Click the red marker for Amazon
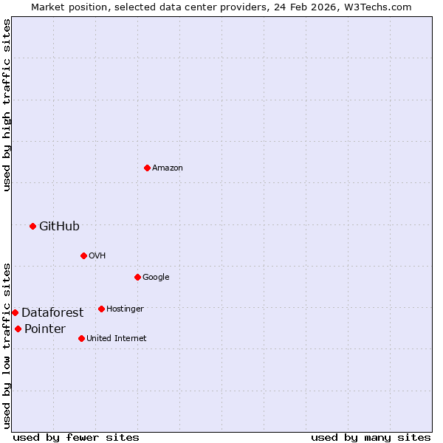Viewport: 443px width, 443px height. tap(147, 168)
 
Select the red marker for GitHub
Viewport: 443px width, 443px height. tap(32, 226)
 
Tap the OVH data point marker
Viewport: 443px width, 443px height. tap(83, 255)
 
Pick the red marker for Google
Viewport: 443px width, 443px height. tap(137, 277)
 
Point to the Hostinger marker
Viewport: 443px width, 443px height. tap(101, 309)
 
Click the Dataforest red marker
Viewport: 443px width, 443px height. tap(15, 312)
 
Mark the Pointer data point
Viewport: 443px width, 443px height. tap(18, 329)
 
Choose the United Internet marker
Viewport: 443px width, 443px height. tap(81, 338)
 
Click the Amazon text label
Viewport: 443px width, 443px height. tap(168, 168)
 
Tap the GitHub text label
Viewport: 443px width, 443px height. tap(59, 226)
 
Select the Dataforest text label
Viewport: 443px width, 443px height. tap(52, 312)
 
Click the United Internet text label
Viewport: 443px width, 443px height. tap(116, 338)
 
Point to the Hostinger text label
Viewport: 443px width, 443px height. tap(125, 309)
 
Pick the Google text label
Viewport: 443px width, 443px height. tap(156, 277)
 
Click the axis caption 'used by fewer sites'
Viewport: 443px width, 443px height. tap(76, 437)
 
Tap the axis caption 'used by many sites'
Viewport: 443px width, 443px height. tap(371, 437)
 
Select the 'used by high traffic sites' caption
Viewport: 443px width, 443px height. tap(7, 105)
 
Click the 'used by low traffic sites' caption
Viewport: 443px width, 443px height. tap(7, 346)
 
